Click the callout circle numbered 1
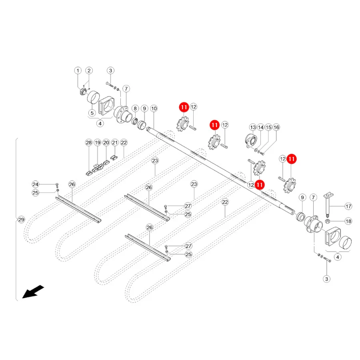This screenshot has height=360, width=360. click(78, 70)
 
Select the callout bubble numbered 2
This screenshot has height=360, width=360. click(89, 70)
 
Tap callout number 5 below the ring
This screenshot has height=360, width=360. click(92, 113)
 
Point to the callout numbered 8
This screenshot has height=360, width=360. click(135, 108)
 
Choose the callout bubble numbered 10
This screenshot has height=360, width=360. click(154, 108)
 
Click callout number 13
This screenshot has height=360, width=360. click(253, 128)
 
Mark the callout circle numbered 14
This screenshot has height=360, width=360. click(260, 128)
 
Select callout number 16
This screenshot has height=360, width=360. click(276, 128)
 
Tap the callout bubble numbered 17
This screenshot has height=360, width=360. click(348, 206)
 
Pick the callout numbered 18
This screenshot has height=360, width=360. click(348, 221)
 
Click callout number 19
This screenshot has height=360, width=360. click(98, 142)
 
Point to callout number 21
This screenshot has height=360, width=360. click(115, 142)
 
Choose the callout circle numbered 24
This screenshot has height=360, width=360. click(35, 184)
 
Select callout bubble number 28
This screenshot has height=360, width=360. click(89, 142)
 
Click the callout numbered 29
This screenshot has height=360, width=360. click(21, 220)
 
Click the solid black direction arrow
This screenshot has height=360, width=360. click(33, 292)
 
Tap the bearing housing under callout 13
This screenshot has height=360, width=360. click(251, 140)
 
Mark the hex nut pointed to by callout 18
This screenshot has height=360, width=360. click(328, 221)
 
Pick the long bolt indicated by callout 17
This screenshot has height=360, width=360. click(328, 206)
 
